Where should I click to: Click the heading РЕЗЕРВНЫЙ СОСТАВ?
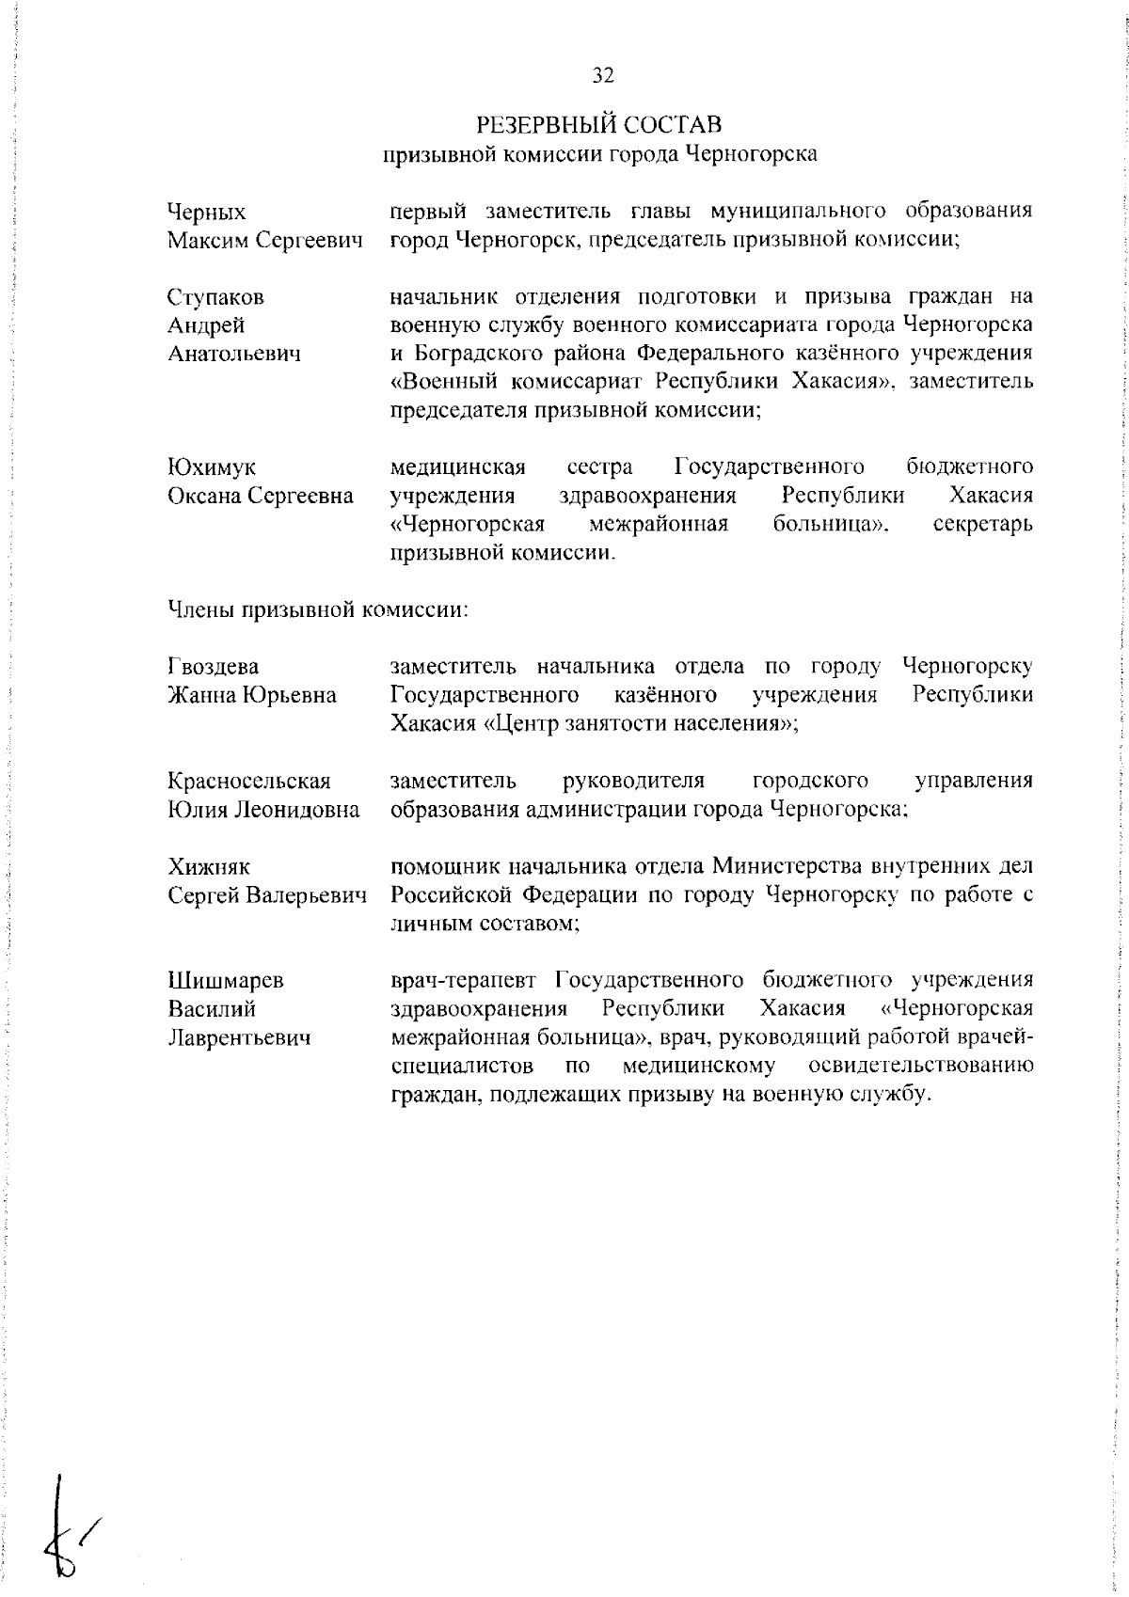(x=599, y=124)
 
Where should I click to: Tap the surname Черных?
(x=206, y=213)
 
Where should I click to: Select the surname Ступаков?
(x=215, y=298)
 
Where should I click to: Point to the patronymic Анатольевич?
(x=234, y=355)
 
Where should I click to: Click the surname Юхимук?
(x=211, y=467)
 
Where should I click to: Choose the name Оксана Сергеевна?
(x=261, y=496)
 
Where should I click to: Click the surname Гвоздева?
(x=213, y=667)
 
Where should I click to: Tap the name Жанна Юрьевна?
(x=251, y=695)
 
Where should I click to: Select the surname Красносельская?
(x=249, y=781)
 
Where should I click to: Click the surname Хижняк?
(x=209, y=866)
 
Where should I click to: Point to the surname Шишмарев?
(x=225, y=980)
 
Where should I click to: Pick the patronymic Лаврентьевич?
(x=239, y=1037)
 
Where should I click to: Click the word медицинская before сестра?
(x=457, y=467)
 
